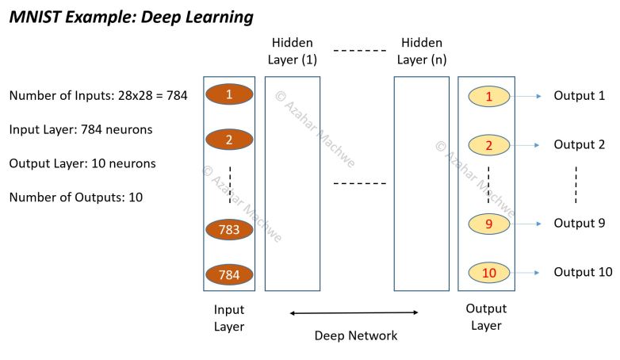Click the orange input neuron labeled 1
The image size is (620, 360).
[x=228, y=94]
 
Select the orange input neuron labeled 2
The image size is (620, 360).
[x=228, y=140]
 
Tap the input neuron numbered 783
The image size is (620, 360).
[x=228, y=230]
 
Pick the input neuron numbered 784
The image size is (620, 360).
[x=228, y=275]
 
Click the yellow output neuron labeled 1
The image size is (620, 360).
[x=488, y=97]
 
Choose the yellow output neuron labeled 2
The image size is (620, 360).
[x=488, y=145]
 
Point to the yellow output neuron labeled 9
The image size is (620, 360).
[x=488, y=224]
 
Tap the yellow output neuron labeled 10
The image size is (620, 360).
[x=488, y=273]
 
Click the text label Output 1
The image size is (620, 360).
[x=579, y=96]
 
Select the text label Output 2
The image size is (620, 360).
[x=579, y=144]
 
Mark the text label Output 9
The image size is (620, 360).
[x=579, y=224]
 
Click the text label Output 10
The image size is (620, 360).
[x=583, y=272]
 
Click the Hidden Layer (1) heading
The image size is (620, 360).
[x=292, y=51]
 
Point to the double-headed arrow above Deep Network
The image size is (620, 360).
[x=354, y=313]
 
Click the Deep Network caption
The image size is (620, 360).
[x=355, y=335]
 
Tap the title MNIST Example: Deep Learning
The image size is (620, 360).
[x=131, y=17]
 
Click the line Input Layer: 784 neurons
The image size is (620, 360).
[x=80, y=129]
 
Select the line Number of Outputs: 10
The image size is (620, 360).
[x=75, y=197]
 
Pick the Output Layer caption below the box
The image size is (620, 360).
[x=486, y=317]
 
